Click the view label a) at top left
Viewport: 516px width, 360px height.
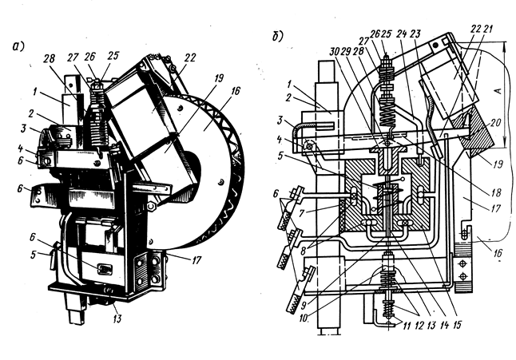(18, 46)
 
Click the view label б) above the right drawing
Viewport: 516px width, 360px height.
(277, 37)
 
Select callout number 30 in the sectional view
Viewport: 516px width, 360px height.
(335, 52)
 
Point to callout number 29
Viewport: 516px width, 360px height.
(346, 52)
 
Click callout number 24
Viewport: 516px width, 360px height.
(402, 34)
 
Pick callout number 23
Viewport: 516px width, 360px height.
(415, 34)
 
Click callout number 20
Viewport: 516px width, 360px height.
(494, 123)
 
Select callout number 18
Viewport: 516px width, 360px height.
(495, 192)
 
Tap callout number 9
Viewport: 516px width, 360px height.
(303, 305)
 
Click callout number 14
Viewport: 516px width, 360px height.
(445, 325)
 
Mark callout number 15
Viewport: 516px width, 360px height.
(457, 325)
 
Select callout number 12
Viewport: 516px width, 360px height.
(419, 325)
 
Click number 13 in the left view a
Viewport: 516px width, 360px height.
(117, 318)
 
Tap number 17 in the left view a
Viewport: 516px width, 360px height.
(196, 261)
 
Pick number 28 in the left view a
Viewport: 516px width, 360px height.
(49, 59)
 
